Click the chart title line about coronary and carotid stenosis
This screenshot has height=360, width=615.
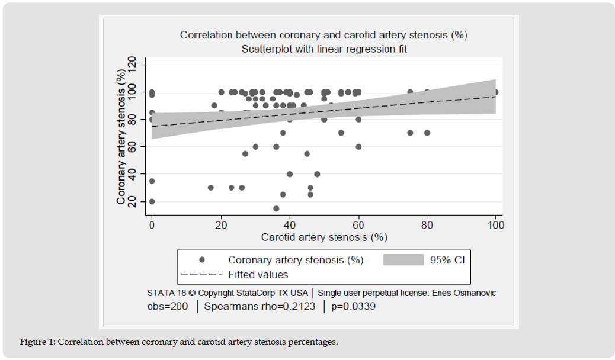click(323, 35)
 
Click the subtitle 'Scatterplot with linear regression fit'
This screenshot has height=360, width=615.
click(323, 49)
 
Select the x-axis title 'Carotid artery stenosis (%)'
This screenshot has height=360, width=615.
click(324, 237)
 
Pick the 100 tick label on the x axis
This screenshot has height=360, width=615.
click(496, 226)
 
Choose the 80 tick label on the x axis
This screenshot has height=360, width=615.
click(427, 226)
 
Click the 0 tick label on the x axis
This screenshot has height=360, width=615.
click(152, 226)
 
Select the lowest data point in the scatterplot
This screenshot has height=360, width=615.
click(276, 208)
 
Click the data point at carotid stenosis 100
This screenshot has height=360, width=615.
click(496, 92)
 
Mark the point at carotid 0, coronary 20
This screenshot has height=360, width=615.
click(152, 201)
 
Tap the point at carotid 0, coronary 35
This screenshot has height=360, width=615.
click(152, 181)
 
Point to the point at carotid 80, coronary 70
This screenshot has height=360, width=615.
click(427, 133)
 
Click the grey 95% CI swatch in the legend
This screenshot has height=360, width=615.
click(403, 260)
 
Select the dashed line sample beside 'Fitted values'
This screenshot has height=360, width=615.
click(201, 275)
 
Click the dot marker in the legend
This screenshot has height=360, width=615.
click(202, 260)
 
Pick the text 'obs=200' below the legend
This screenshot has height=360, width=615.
click(169, 307)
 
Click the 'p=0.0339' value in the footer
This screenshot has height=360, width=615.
click(354, 307)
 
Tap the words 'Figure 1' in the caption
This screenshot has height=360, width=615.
click(37, 342)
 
